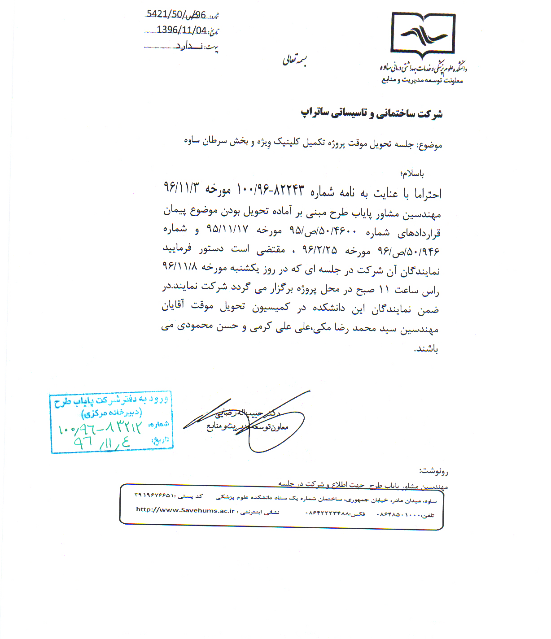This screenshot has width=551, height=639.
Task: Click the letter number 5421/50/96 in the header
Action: [x=176, y=15]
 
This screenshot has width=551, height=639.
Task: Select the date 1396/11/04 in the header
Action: [x=181, y=30]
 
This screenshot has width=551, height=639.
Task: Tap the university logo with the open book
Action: [x=423, y=35]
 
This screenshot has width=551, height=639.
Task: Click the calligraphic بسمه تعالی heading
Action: [x=294, y=60]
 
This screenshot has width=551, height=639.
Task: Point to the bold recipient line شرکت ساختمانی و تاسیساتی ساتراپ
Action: [x=372, y=113]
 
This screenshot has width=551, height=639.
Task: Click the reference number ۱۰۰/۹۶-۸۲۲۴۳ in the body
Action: [x=270, y=190]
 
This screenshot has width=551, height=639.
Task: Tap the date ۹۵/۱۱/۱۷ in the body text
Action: [x=227, y=229]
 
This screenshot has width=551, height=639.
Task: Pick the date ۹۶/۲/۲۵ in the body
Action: [x=319, y=249]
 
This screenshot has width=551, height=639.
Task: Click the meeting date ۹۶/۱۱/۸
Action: [x=179, y=266]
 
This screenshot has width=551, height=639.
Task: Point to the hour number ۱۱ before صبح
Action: [x=384, y=290]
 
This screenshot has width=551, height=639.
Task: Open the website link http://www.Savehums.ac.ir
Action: [x=185, y=510]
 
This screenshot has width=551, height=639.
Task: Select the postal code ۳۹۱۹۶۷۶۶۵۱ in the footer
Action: [x=154, y=496]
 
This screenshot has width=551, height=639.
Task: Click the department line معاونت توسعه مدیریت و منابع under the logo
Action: [x=422, y=80]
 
